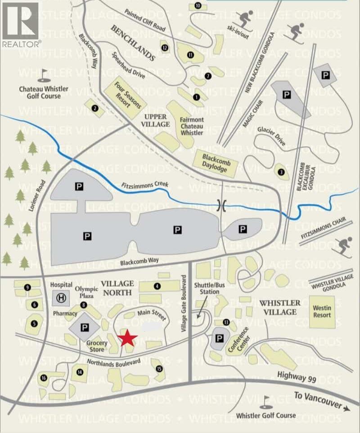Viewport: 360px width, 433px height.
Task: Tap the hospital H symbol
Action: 60,298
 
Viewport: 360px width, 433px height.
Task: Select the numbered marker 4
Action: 157,286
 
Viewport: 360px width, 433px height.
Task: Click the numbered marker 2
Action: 94,108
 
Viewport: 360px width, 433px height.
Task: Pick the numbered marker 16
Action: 44,378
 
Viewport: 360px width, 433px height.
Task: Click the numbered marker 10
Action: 198,6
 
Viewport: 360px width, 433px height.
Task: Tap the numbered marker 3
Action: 281,171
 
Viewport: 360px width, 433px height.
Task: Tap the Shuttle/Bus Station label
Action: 207,289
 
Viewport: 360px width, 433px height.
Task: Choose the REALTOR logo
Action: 21,25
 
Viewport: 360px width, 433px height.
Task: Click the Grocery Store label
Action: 97,346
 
